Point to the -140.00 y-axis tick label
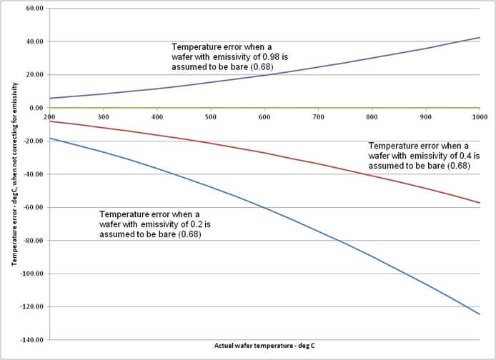click(32, 340)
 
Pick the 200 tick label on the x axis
click(49, 116)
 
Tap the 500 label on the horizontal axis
click(210, 116)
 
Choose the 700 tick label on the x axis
click(318, 116)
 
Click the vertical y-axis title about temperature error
click(14, 175)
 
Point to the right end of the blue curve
click(480, 314)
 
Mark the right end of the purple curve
click(480, 37)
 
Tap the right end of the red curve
click(480, 203)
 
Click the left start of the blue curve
click(49, 138)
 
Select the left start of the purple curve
click(49, 99)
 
